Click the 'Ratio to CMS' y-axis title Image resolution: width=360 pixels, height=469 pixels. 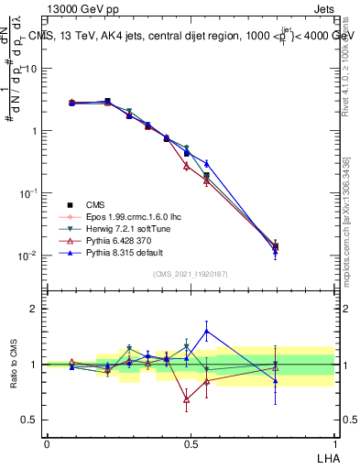coord(13,365)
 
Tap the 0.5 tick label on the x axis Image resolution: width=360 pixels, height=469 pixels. coord(190,442)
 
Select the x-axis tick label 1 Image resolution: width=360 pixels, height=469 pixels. coord(333,442)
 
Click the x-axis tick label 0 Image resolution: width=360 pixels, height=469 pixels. coord(47,442)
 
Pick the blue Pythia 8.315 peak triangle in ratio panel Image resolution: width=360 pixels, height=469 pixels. coord(207,332)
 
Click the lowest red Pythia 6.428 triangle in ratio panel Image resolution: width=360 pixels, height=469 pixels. coord(187,399)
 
